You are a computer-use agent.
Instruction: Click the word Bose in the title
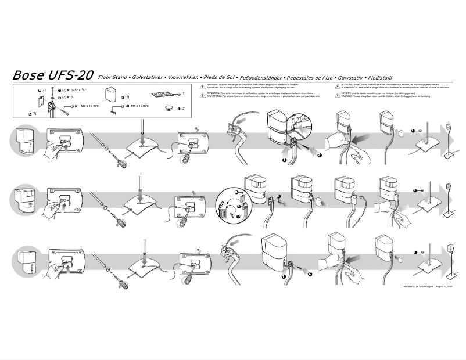coord(27,75)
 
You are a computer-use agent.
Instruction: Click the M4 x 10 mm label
coord(139,106)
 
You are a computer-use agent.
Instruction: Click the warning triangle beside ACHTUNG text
coord(337,85)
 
